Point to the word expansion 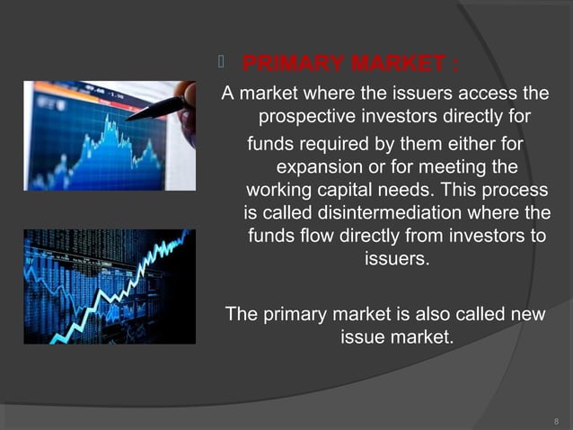320,167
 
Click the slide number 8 556,419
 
